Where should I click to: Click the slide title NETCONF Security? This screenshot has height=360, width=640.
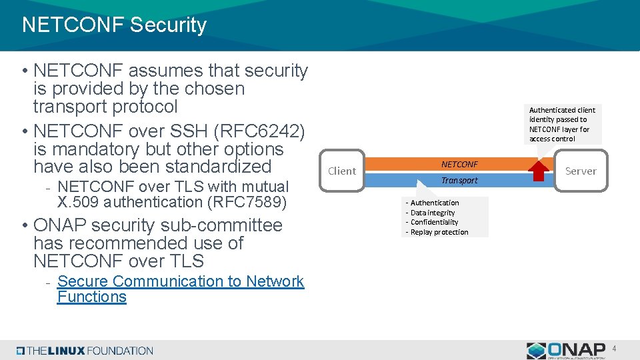click(114, 25)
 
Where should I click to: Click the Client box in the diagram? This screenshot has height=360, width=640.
click(342, 171)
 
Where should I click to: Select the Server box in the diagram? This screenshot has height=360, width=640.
click(580, 171)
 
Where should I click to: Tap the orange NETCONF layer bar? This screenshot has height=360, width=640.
click(459, 164)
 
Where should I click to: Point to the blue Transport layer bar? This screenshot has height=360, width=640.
click(459, 180)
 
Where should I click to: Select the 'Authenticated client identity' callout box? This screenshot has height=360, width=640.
click(562, 124)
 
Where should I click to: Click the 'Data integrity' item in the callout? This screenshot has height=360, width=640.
click(433, 213)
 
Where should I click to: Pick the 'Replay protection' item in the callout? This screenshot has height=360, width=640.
click(439, 232)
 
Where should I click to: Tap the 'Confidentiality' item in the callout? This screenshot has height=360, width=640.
click(434, 222)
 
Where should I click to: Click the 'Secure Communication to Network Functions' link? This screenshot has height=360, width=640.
click(180, 289)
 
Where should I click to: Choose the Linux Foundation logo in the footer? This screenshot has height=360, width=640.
click(85, 351)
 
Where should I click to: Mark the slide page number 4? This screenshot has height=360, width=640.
click(615, 349)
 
